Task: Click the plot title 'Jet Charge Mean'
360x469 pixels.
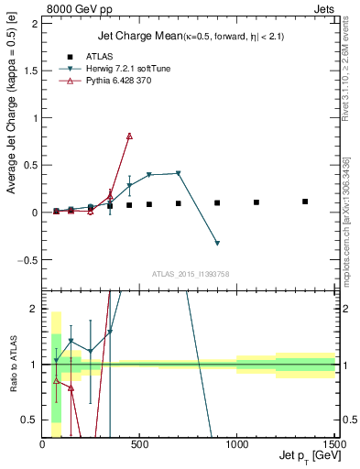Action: coord(136,36)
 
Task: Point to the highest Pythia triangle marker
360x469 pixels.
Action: coord(129,136)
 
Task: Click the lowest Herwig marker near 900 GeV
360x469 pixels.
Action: coord(217,243)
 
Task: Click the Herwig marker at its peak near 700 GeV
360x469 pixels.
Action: coord(178,173)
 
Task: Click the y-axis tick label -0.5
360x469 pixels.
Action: coord(29,259)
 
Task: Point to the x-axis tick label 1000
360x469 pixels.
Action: coord(236,446)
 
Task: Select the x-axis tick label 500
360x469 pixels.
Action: coord(139,446)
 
